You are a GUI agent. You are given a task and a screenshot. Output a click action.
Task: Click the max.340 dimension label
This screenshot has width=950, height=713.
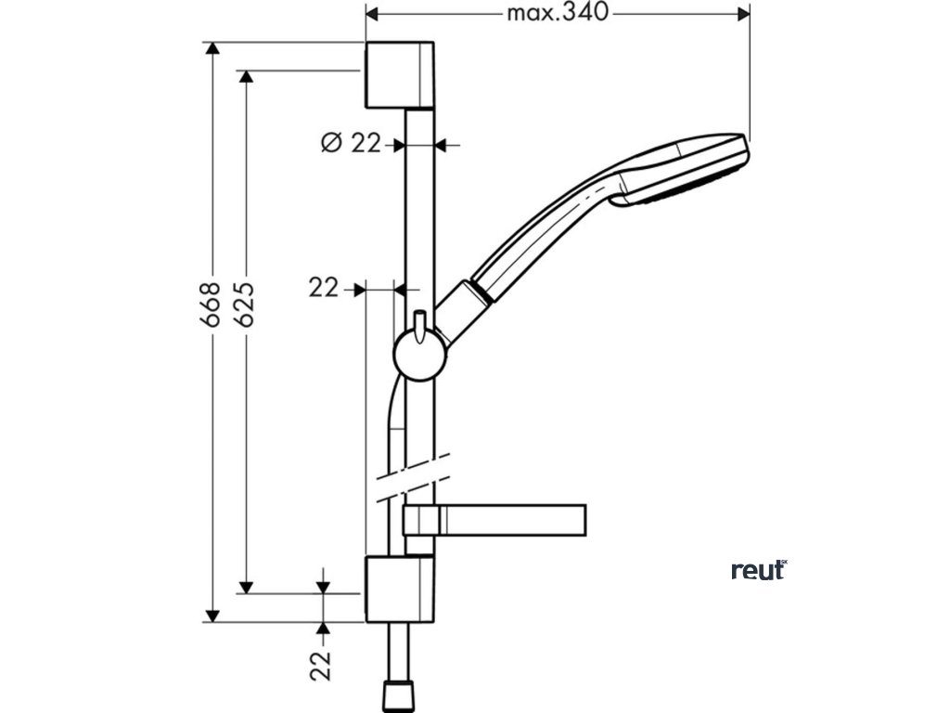point(557,13)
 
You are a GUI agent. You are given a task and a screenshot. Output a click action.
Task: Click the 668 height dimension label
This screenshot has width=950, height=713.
point(212,304)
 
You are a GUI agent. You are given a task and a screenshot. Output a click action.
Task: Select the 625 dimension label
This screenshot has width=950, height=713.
point(245,304)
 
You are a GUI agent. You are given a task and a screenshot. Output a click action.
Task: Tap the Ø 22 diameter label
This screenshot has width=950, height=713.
point(351,143)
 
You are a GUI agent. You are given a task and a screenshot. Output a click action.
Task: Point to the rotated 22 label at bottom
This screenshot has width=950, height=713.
point(322,665)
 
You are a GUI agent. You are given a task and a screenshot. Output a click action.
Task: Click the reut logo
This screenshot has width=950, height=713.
point(758,570)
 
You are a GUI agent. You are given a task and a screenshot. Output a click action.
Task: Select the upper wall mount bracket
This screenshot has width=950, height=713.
point(400,75)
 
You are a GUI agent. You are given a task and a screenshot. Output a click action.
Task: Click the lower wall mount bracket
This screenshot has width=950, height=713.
point(400,590)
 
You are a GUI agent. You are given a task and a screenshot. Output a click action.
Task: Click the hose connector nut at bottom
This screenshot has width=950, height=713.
point(399,695)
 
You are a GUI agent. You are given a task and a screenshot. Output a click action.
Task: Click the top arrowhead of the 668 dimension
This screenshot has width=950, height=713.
point(212,48)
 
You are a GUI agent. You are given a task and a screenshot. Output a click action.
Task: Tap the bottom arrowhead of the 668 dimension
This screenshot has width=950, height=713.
point(212,615)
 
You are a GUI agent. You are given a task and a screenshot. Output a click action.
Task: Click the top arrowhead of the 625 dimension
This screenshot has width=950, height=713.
point(246,76)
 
